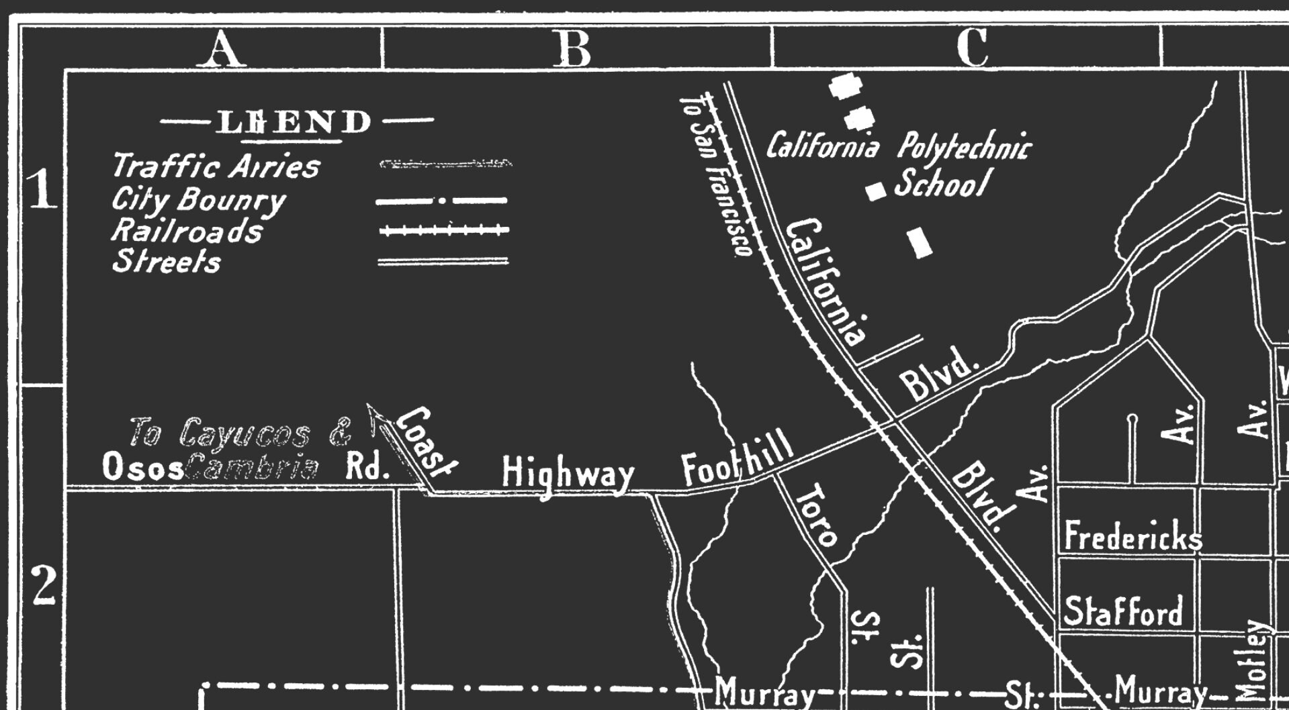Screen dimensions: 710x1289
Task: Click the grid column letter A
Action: [x=222, y=49]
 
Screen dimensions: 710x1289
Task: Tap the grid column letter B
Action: [x=573, y=49]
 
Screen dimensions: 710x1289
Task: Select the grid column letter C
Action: [x=972, y=48]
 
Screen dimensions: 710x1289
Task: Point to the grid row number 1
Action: [x=42, y=189]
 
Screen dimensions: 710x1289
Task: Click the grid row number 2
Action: [x=44, y=586]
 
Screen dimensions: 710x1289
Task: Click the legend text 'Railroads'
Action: [x=187, y=230]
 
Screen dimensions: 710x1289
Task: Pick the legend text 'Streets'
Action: [x=166, y=261]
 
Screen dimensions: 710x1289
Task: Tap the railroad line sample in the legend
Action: [x=443, y=230]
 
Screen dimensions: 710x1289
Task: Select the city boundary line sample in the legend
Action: [x=441, y=200]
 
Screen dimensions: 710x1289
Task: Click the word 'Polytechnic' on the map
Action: [x=963, y=147]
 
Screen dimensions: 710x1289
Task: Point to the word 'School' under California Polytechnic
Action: [x=942, y=183]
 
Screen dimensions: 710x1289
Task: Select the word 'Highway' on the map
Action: [x=568, y=474]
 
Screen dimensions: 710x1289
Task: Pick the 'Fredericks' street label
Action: [x=1132, y=537]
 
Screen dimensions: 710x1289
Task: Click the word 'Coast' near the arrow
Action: [x=427, y=440]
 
